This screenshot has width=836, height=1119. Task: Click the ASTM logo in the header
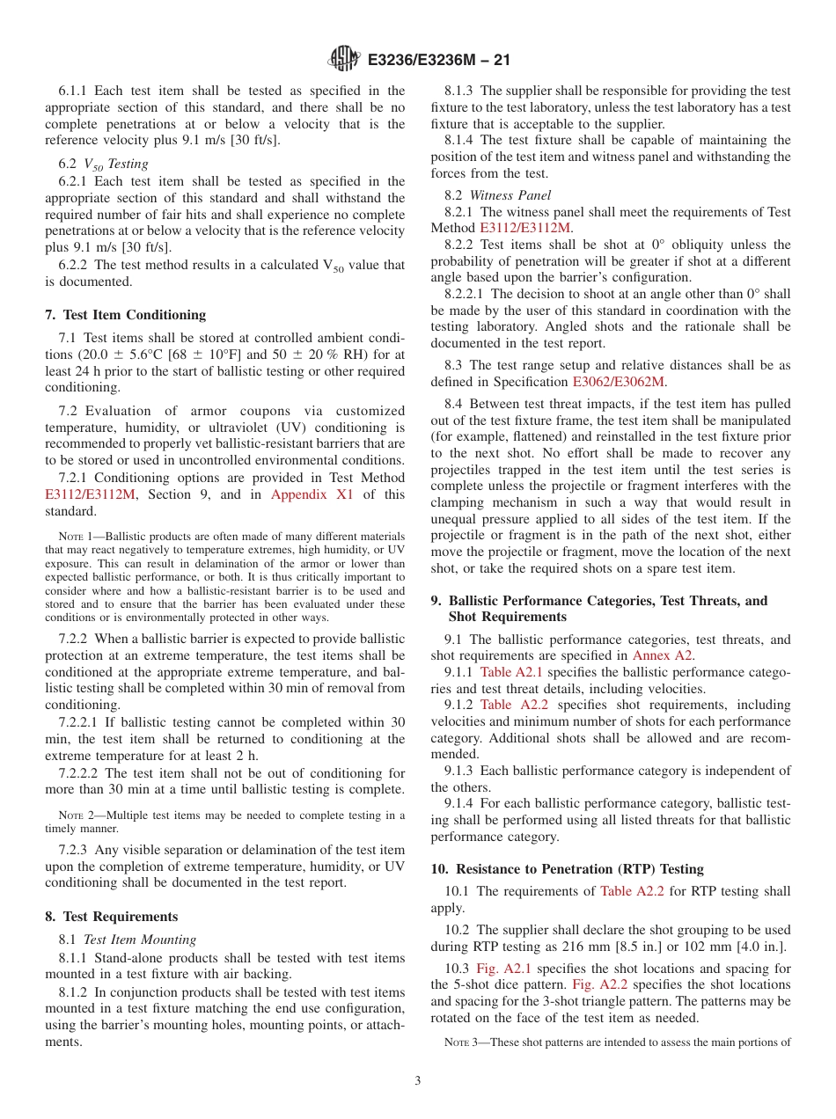tap(344, 59)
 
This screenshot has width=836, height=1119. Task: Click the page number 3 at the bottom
tap(418, 1080)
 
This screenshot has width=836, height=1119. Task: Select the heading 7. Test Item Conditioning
tap(126, 315)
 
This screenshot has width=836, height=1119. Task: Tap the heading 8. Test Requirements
tap(112, 917)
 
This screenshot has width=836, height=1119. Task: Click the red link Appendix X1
tap(312, 494)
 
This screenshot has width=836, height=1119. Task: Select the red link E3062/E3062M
tap(619, 382)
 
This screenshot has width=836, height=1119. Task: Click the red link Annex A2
tap(663, 655)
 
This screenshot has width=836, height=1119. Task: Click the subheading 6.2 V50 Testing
tap(104, 164)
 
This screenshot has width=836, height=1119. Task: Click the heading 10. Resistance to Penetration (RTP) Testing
tap(567, 869)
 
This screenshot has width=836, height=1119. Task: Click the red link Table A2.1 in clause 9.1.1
tap(511, 672)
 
